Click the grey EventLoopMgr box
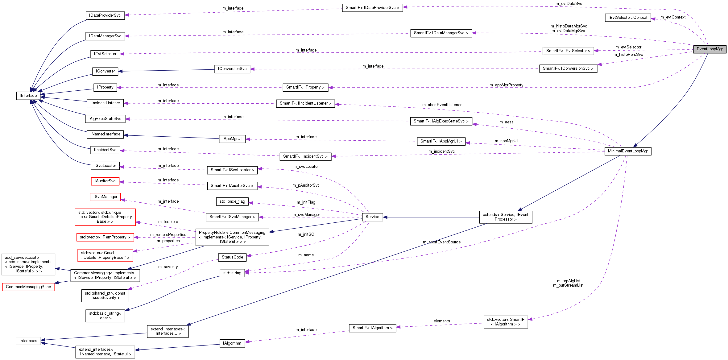pyautogui.click(x=709, y=49)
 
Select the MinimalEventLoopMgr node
pyautogui.click(x=628, y=151)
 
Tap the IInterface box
pyautogui.click(x=28, y=96)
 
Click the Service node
pyautogui.click(x=372, y=217)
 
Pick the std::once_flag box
pyautogui.click(x=232, y=201)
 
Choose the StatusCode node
pyautogui.click(x=232, y=257)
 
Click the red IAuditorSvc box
pyautogui.click(x=105, y=181)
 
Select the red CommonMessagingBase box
pyautogui.click(x=28, y=287)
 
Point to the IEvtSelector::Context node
pyautogui.click(x=628, y=18)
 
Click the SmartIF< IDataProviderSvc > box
pyautogui.click(x=372, y=8)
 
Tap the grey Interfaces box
pyautogui.click(x=28, y=341)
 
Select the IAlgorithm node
pyautogui.click(x=232, y=343)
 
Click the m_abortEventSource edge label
pyautogui.click(x=441, y=242)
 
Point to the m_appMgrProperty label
pyautogui.click(x=506, y=85)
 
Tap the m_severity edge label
pyautogui.click(x=168, y=267)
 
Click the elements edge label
pyautogui.click(x=442, y=321)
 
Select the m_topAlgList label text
pyautogui.click(x=569, y=281)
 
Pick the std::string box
pyautogui.click(x=232, y=273)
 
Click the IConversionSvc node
pyautogui.click(x=232, y=69)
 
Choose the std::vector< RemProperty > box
pyautogui.click(x=105, y=237)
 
